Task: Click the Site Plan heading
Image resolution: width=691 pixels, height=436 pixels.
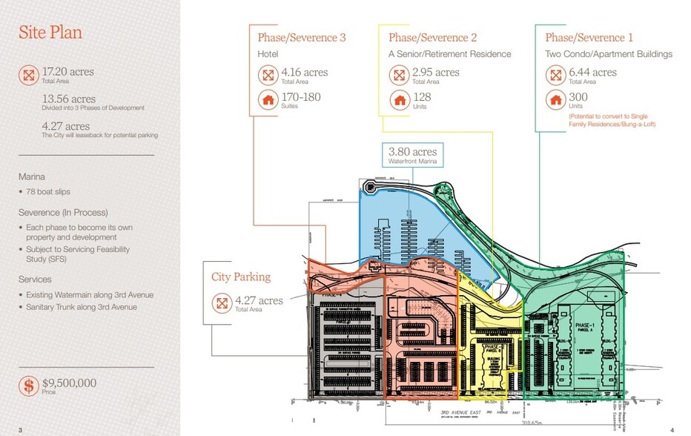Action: pyautogui.click(x=50, y=33)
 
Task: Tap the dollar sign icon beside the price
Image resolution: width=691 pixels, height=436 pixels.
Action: pyautogui.click(x=29, y=386)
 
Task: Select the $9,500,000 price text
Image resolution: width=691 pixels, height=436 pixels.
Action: pyautogui.click(x=69, y=383)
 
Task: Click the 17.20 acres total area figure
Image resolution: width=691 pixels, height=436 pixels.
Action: pyautogui.click(x=67, y=71)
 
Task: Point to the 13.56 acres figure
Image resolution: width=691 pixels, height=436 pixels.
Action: pyautogui.click(x=68, y=99)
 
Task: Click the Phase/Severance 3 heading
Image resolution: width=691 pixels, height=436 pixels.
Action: pyautogui.click(x=302, y=37)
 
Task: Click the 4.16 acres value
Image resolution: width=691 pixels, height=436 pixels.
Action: pyautogui.click(x=305, y=73)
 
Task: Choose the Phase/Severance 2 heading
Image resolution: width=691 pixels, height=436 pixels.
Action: pyautogui.click(x=432, y=37)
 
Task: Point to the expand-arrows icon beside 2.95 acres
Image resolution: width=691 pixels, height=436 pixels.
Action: pyautogui.click(x=399, y=75)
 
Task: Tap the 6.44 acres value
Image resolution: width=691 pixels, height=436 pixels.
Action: pyautogui.click(x=593, y=73)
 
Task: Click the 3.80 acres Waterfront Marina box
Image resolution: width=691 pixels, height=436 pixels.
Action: pyautogui.click(x=413, y=156)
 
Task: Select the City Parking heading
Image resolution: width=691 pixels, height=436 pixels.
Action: pyautogui.click(x=241, y=277)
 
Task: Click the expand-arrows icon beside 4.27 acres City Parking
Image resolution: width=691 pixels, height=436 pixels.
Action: pyautogui.click(x=221, y=303)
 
